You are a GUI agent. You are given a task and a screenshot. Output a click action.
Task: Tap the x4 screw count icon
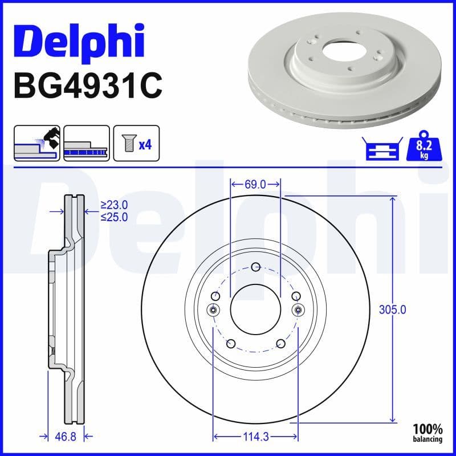coord(136,143)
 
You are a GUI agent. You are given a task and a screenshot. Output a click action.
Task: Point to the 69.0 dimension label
coord(255,184)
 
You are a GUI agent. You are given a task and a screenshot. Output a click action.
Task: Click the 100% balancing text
coord(427,433)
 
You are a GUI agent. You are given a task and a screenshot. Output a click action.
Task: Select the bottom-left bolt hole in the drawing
coord(231,343)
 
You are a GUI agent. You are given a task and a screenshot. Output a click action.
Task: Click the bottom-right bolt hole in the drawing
coord(280,343)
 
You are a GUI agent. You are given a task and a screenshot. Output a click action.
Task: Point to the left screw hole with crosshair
coord(213,309)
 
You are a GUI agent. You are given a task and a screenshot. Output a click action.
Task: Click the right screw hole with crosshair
coord(298,309)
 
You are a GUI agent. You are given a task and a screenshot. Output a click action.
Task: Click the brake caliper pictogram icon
coord(37,143)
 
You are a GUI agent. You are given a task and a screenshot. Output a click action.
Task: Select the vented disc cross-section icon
coord(87,143)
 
